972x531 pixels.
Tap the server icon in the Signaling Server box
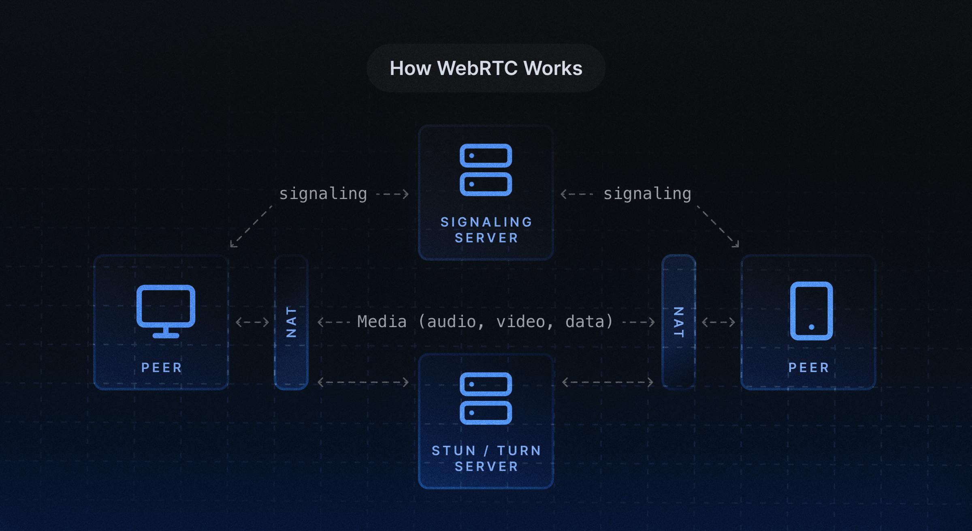tap(486, 170)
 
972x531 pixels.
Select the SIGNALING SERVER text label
tap(486, 230)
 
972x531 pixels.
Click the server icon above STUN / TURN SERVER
tap(486, 398)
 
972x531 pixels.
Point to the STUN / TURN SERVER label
tap(486, 458)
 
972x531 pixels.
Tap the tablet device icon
tap(811, 311)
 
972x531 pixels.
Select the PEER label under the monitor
tap(162, 368)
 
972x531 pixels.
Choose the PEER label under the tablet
tap(809, 368)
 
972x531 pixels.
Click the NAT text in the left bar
tap(291, 322)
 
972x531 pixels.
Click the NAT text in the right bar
tap(679, 322)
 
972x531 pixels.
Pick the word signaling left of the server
tap(323, 194)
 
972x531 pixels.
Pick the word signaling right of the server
tap(647, 194)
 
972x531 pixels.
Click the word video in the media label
tap(521, 322)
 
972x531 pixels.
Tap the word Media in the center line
tap(382, 322)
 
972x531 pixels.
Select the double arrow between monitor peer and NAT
tap(252, 322)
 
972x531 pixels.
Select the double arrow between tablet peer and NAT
tap(718, 322)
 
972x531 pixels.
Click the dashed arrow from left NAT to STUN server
tap(363, 382)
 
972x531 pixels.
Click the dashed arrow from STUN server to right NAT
tap(608, 382)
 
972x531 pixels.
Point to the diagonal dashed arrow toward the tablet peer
tap(718, 226)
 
